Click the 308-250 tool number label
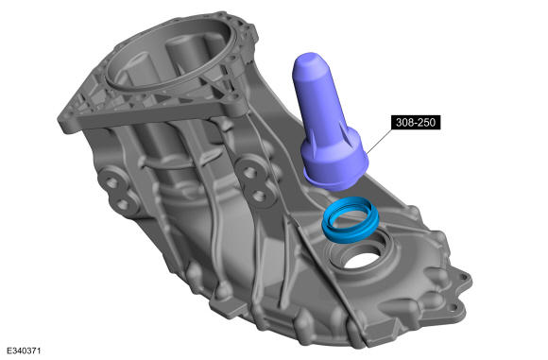click(416, 122)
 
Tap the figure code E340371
click(24, 351)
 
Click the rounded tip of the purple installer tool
click(308, 60)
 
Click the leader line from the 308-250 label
click(379, 139)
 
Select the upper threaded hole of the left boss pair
click(111, 181)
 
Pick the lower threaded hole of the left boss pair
click(122, 202)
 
